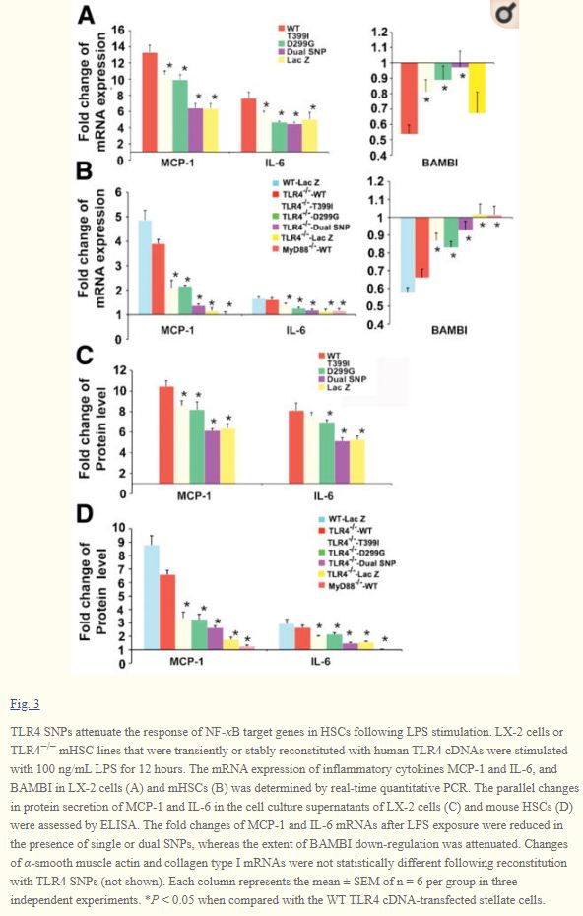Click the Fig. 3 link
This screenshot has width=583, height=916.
point(25,704)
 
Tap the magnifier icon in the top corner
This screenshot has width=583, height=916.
point(505,14)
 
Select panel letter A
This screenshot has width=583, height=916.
point(86,15)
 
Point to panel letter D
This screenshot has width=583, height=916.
point(86,515)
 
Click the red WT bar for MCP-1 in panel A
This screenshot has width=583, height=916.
point(150,102)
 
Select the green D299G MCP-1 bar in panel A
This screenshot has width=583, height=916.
point(180,115)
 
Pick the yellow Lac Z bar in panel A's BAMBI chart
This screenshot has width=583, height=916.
point(477,88)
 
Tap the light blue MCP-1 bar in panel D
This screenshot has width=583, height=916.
point(152,597)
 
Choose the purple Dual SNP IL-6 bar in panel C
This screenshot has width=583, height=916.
point(342,462)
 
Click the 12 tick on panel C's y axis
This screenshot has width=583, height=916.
point(120,369)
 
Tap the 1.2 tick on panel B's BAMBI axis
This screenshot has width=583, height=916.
point(375,181)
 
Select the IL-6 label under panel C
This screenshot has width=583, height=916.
point(323,496)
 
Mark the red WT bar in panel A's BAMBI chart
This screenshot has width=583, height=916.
point(409,98)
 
